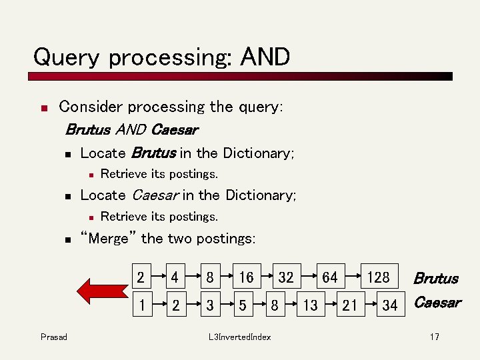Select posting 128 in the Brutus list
tap(379, 277)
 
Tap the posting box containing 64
tap(329, 277)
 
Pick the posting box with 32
tap(286, 277)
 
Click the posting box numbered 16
tap(246, 277)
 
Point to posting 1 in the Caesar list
tap(141, 305)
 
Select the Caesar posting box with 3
tap(210, 305)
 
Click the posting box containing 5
tap(243, 305)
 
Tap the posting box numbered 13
tap(310, 305)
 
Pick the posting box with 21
tap(349, 305)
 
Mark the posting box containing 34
tap(389, 305)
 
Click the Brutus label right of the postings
tap(436, 278)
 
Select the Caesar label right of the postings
tap(437, 303)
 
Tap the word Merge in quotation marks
tap(109, 238)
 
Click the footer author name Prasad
tap(54, 337)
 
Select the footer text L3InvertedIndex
tap(239, 337)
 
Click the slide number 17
tap(434, 337)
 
